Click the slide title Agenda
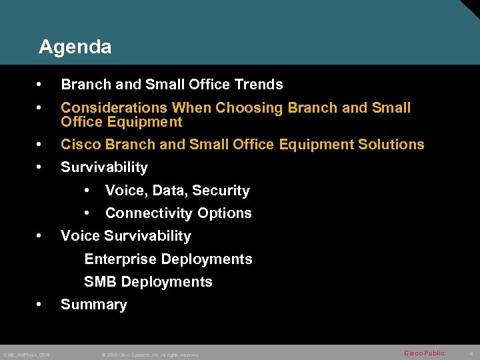coord(75,47)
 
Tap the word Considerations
coord(114,108)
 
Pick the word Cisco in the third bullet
coord(79,145)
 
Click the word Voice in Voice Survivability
coord(79,236)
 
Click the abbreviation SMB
coord(100,282)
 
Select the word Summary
coord(93,305)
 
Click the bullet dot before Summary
coord(41,305)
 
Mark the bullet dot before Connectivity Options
coord(87,213)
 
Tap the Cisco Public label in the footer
coord(424,353)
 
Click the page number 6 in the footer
coord(470,353)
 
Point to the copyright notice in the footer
coord(150,355)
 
